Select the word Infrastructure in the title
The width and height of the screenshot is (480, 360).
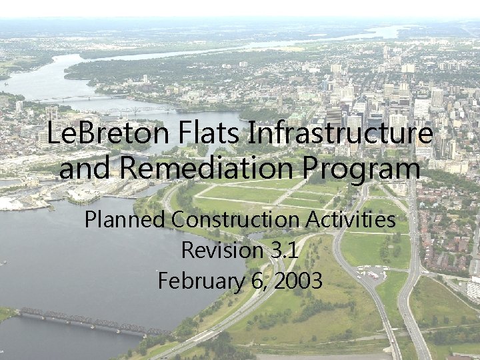coord(340,135)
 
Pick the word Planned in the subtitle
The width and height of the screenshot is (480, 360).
coord(125,219)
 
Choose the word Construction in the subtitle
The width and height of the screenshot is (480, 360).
coord(236,219)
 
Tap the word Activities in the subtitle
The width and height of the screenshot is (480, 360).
coord(351,219)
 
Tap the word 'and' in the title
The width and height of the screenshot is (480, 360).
coord(78,167)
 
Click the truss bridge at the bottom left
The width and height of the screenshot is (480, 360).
coord(93,321)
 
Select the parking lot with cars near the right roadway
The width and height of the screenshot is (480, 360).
coord(373,272)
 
